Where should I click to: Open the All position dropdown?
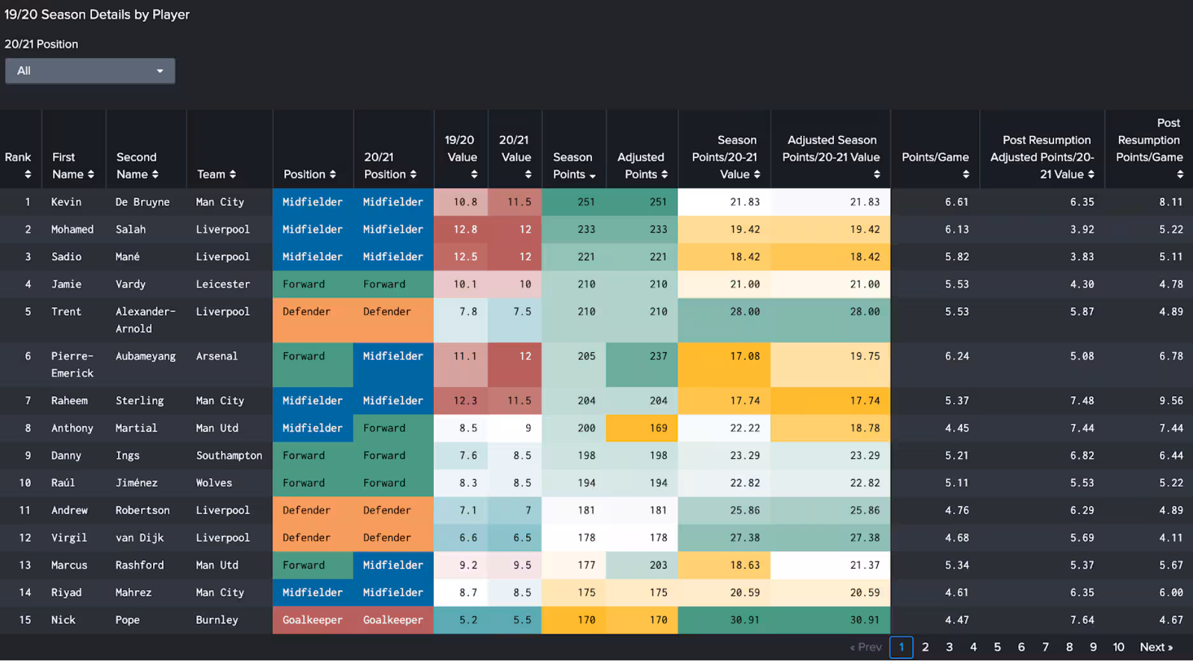coord(90,71)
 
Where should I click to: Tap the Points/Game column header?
coord(935,158)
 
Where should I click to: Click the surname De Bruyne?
coord(142,202)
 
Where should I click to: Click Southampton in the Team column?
coord(228,456)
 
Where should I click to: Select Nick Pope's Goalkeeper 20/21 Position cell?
coord(393,620)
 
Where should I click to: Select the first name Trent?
coord(66,312)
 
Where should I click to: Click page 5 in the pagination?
coord(997,647)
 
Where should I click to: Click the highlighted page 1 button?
coord(901,647)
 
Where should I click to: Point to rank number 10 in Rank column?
coord(25,483)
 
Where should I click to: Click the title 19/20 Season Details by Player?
coord(97,15)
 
